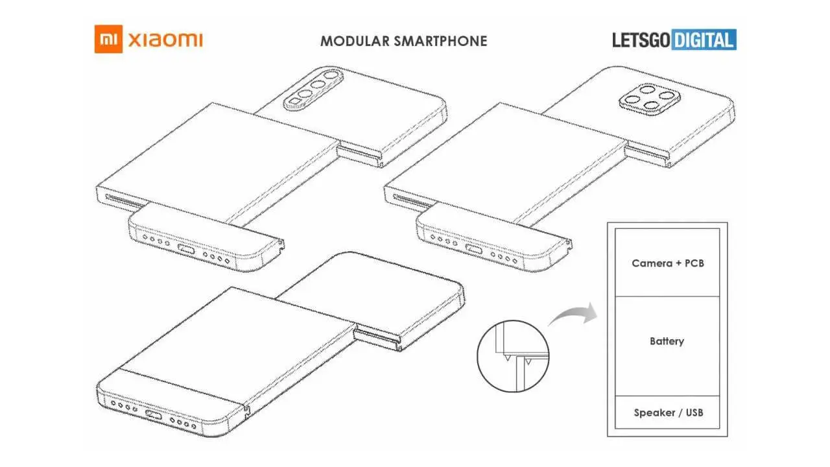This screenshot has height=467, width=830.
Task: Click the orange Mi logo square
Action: pos(108,40)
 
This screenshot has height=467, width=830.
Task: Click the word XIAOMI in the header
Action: pos(166,40)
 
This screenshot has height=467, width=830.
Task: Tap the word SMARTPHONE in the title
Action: pos(448,41)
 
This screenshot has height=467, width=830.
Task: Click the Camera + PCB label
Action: pos(667,263)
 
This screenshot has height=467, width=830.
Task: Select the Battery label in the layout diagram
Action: pos(667,341)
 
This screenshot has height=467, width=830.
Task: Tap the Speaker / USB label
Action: pos(668,413)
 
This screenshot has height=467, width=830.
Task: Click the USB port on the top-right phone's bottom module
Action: pos(473,251)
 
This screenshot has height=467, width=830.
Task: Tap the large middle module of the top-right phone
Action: pos(506,156)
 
